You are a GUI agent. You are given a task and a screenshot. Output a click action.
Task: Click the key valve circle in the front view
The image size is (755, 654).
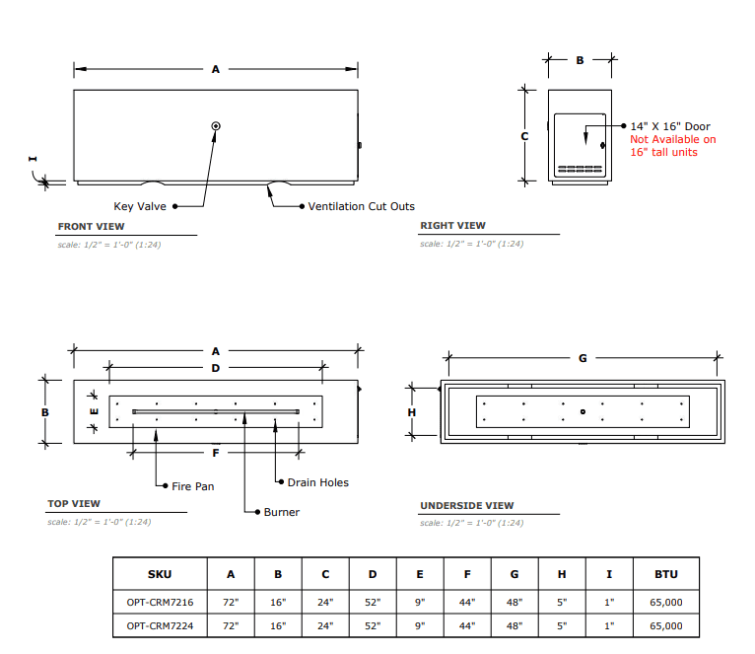(x=216, y=126)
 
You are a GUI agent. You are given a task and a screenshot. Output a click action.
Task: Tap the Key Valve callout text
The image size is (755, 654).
(x=140, y=206)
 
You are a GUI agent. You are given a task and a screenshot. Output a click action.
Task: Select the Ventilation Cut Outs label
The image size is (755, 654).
(x=361, y=206)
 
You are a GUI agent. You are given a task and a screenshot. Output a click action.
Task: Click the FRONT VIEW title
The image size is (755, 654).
(x=91, y=227)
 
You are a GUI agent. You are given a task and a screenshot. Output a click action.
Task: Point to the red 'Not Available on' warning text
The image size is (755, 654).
(x=672, y=139)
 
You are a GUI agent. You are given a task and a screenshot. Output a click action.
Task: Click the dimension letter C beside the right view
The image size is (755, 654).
(x=524, y=136)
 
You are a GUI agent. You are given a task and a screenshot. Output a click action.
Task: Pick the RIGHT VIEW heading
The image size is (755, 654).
(x=452, y=226)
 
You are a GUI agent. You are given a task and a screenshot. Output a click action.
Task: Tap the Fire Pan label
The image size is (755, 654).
(x=192, y=486)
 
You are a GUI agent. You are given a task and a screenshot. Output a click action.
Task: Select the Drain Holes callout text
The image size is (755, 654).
(x=317, y=482)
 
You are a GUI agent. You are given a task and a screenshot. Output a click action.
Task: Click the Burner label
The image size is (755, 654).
(x=282, y=512)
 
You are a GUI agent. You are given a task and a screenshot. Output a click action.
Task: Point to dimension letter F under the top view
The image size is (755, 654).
(x=216, y=453)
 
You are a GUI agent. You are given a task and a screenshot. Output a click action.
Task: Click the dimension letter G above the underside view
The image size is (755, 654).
(x=583, y=358)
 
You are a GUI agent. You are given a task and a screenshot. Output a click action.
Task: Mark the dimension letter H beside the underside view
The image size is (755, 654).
(x=412, y=412)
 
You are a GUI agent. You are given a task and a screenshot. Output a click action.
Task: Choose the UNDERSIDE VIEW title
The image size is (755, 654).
(x=467, y=506)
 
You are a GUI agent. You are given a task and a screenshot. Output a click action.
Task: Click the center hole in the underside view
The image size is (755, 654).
(x=583, y=411)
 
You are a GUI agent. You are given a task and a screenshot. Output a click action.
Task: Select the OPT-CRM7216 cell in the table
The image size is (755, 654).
(x=160, y=602)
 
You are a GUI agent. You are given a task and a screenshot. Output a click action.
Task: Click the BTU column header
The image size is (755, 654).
(x=666, y=574)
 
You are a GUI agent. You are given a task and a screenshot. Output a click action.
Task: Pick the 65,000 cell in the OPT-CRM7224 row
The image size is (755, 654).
(x=666, y=625)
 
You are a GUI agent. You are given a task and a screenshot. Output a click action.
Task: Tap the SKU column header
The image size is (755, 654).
(x=160, y=574)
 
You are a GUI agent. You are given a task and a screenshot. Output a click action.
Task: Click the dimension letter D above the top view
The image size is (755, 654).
(x=216, y=368)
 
